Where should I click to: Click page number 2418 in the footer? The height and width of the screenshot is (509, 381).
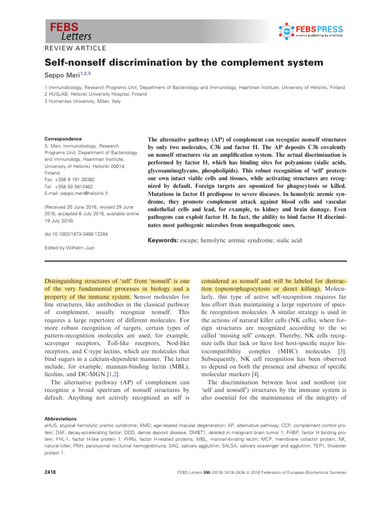pyautogui.click(x=50, y=472)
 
